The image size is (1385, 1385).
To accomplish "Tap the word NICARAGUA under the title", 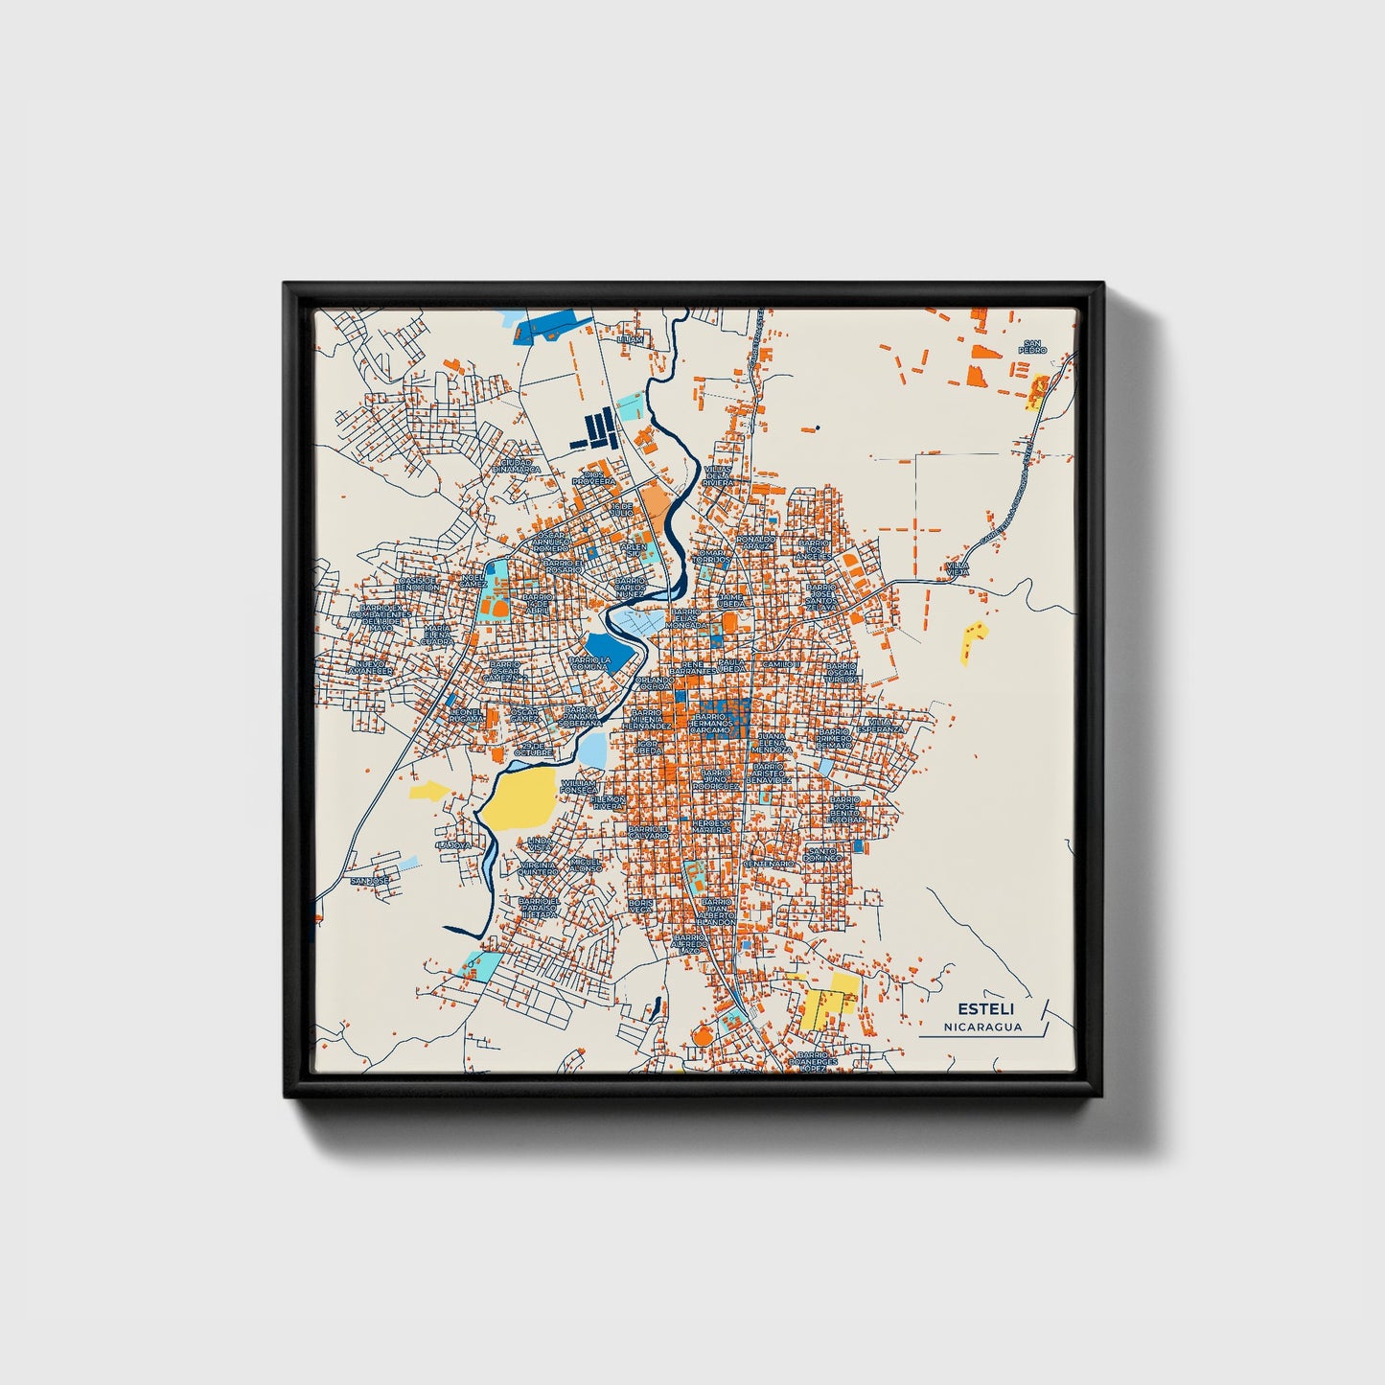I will point(982,1027).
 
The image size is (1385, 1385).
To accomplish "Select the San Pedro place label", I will point(1032,346).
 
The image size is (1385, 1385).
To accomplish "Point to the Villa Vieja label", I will point(958,569).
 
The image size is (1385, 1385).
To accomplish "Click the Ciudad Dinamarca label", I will point(516,465).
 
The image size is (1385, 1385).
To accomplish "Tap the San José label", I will point(369,880).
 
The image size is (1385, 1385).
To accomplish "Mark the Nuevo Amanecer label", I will point(369,666).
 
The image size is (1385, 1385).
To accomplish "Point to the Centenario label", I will point(769,864).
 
